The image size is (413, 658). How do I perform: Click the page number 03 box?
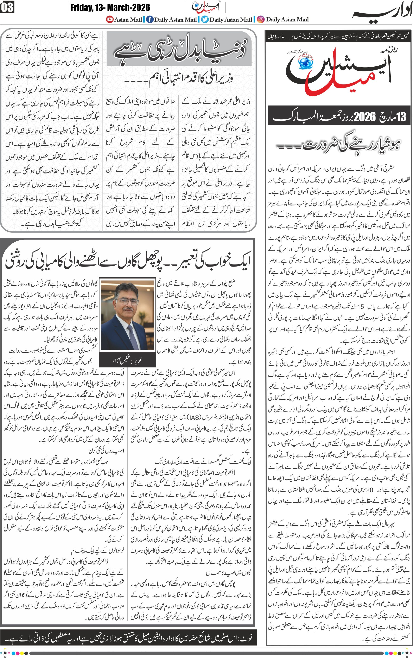coord(7,7)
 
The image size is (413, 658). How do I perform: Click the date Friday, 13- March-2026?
coord(110,7)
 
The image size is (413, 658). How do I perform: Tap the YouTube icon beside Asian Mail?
coord(110,19)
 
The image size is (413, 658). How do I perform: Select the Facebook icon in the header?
coord(150,19)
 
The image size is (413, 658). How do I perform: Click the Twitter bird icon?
coord(205,19)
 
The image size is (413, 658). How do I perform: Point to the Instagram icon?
coord(261,19)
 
